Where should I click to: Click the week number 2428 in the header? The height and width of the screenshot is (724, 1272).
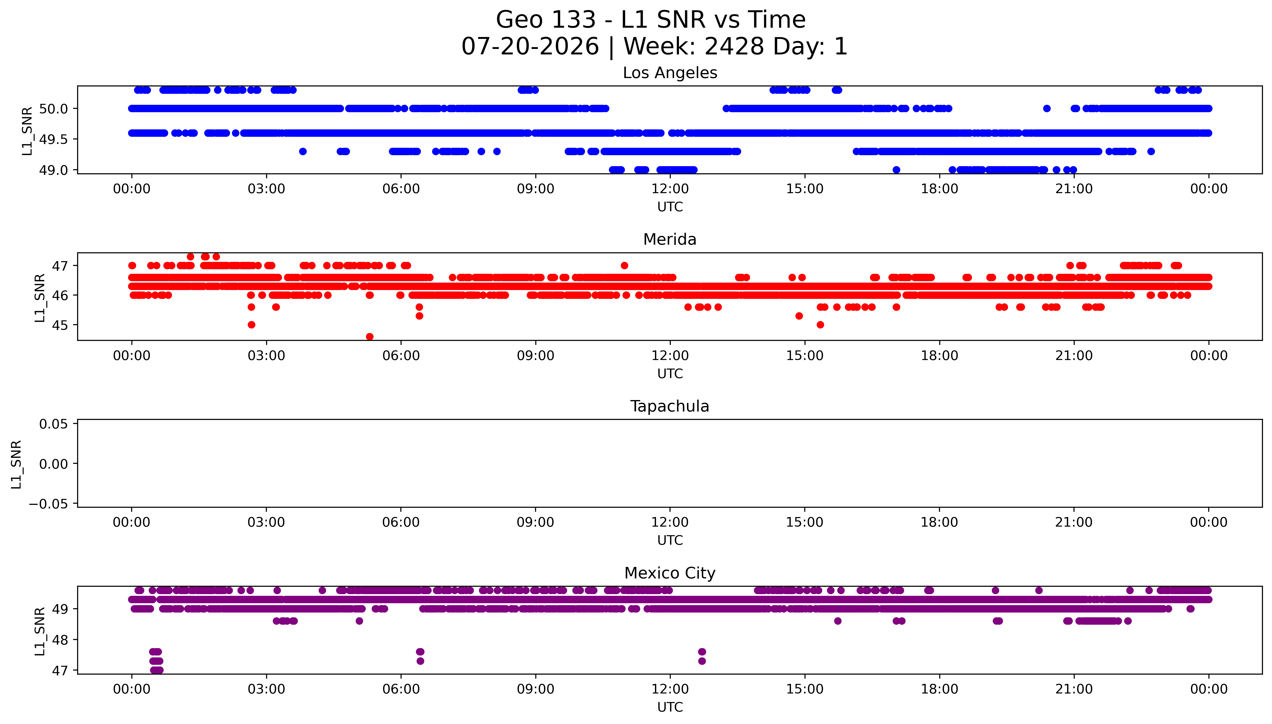[x=734, y=47]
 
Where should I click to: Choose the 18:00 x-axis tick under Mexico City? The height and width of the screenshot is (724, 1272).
[x=939, y=689]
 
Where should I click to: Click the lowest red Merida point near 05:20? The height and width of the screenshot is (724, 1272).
[x=370, y=337]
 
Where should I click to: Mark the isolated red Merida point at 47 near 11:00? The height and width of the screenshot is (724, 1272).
[x=624, y=265]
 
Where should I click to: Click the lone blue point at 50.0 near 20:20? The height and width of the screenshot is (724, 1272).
[x=1047, y=108]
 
